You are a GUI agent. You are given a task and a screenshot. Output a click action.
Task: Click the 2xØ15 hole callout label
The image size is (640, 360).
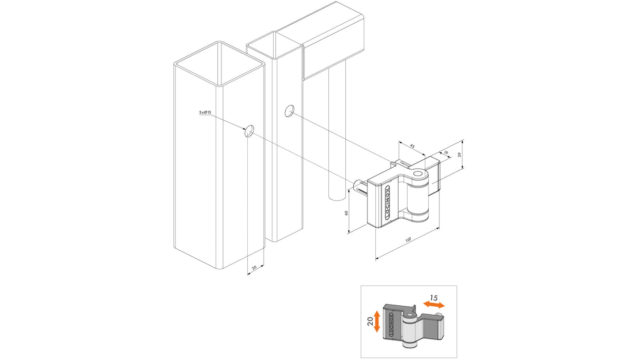click(205, 113)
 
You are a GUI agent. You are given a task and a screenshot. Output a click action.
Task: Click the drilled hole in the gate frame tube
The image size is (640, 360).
click(289, 111)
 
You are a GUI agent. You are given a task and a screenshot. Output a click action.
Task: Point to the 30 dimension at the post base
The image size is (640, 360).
click(254, 268)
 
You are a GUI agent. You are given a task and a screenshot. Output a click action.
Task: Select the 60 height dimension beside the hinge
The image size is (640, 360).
click(346, 213)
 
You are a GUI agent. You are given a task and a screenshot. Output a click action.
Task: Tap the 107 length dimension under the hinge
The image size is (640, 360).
click(408, 240)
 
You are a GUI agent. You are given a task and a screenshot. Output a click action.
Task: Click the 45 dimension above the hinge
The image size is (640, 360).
click(413, 147)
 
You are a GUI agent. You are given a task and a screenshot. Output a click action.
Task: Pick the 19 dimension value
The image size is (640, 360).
click(445, 153)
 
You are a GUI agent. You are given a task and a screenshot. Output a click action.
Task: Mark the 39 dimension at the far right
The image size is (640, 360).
click(459, 154)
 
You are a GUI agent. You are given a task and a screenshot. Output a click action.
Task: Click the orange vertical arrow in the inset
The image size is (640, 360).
click(376, 321)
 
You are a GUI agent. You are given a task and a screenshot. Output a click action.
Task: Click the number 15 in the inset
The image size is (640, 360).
click(433, 298)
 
